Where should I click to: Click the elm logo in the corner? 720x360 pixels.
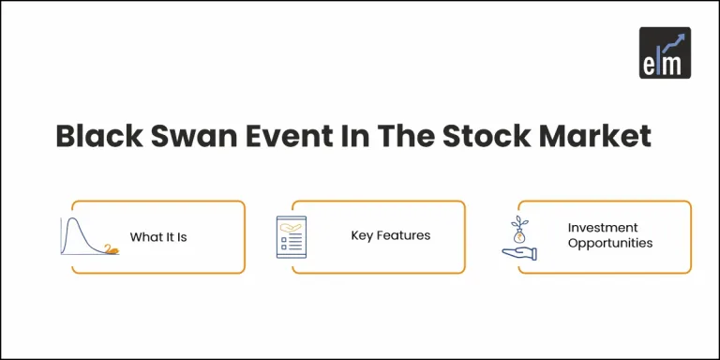(665, 52)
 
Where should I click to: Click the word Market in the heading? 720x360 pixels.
(599, 136)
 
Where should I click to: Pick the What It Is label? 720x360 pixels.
(158, 237)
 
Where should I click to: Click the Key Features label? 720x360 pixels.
(391, 235)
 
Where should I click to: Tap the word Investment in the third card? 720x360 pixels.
(602, 228)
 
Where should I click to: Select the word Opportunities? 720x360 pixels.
(609, 244)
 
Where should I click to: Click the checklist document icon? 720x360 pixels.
(292, 237)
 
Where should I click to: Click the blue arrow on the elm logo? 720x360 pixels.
(674, 42)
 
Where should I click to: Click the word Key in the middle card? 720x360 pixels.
(362, 235)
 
